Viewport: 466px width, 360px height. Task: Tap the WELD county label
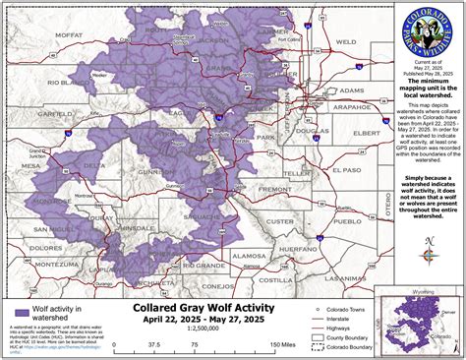[x=344, y=43]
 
